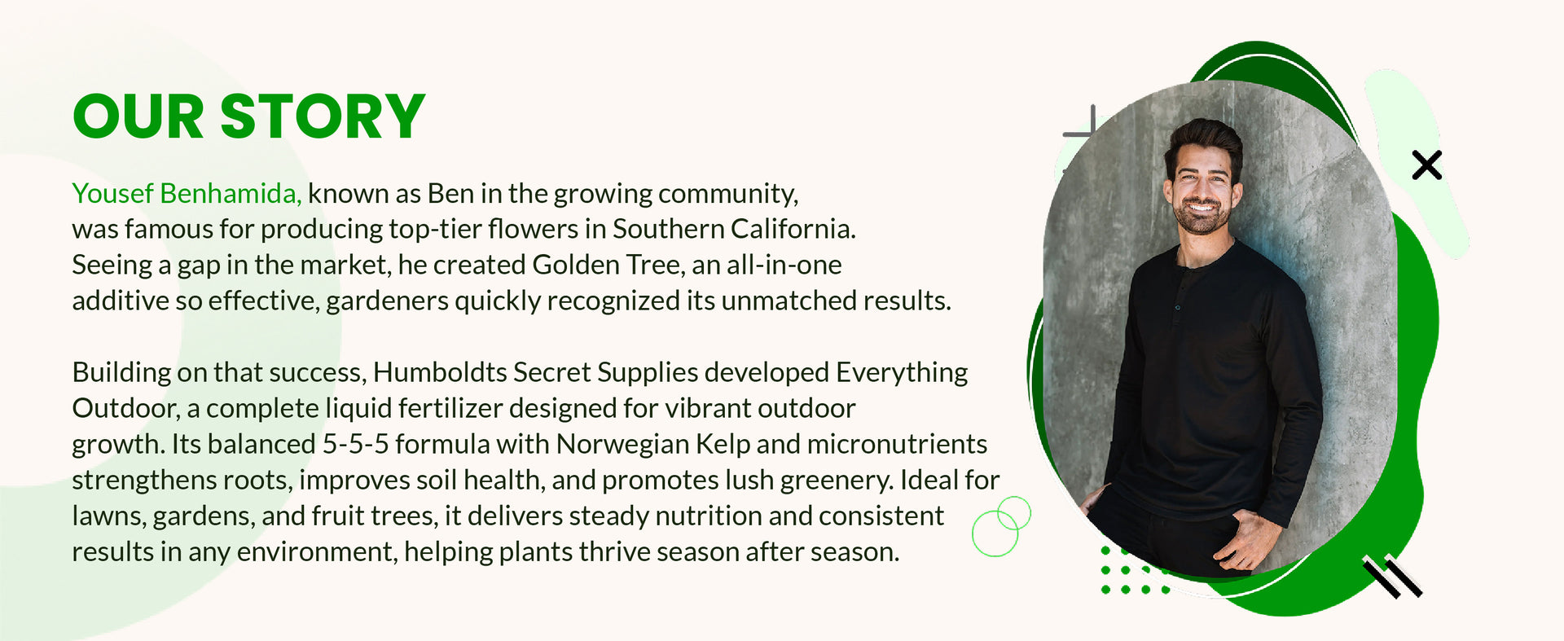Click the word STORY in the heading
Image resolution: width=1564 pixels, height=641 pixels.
pyautogui.click(x=323, y=116)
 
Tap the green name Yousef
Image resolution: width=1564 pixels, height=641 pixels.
pyautogui.click(x=112, y=194)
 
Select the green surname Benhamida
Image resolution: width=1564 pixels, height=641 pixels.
pyautogui.click(x=231, y=194)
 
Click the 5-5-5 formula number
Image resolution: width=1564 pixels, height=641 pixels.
pyautogui.click(x=355, y=444)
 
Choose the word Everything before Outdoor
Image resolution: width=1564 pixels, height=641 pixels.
pyautogui.click(x=902, y=373)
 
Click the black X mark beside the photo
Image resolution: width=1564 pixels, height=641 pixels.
pyautogui.click(x=1426, y=165)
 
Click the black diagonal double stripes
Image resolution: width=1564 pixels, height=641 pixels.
pyautogui.click(x=1393, y=576)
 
